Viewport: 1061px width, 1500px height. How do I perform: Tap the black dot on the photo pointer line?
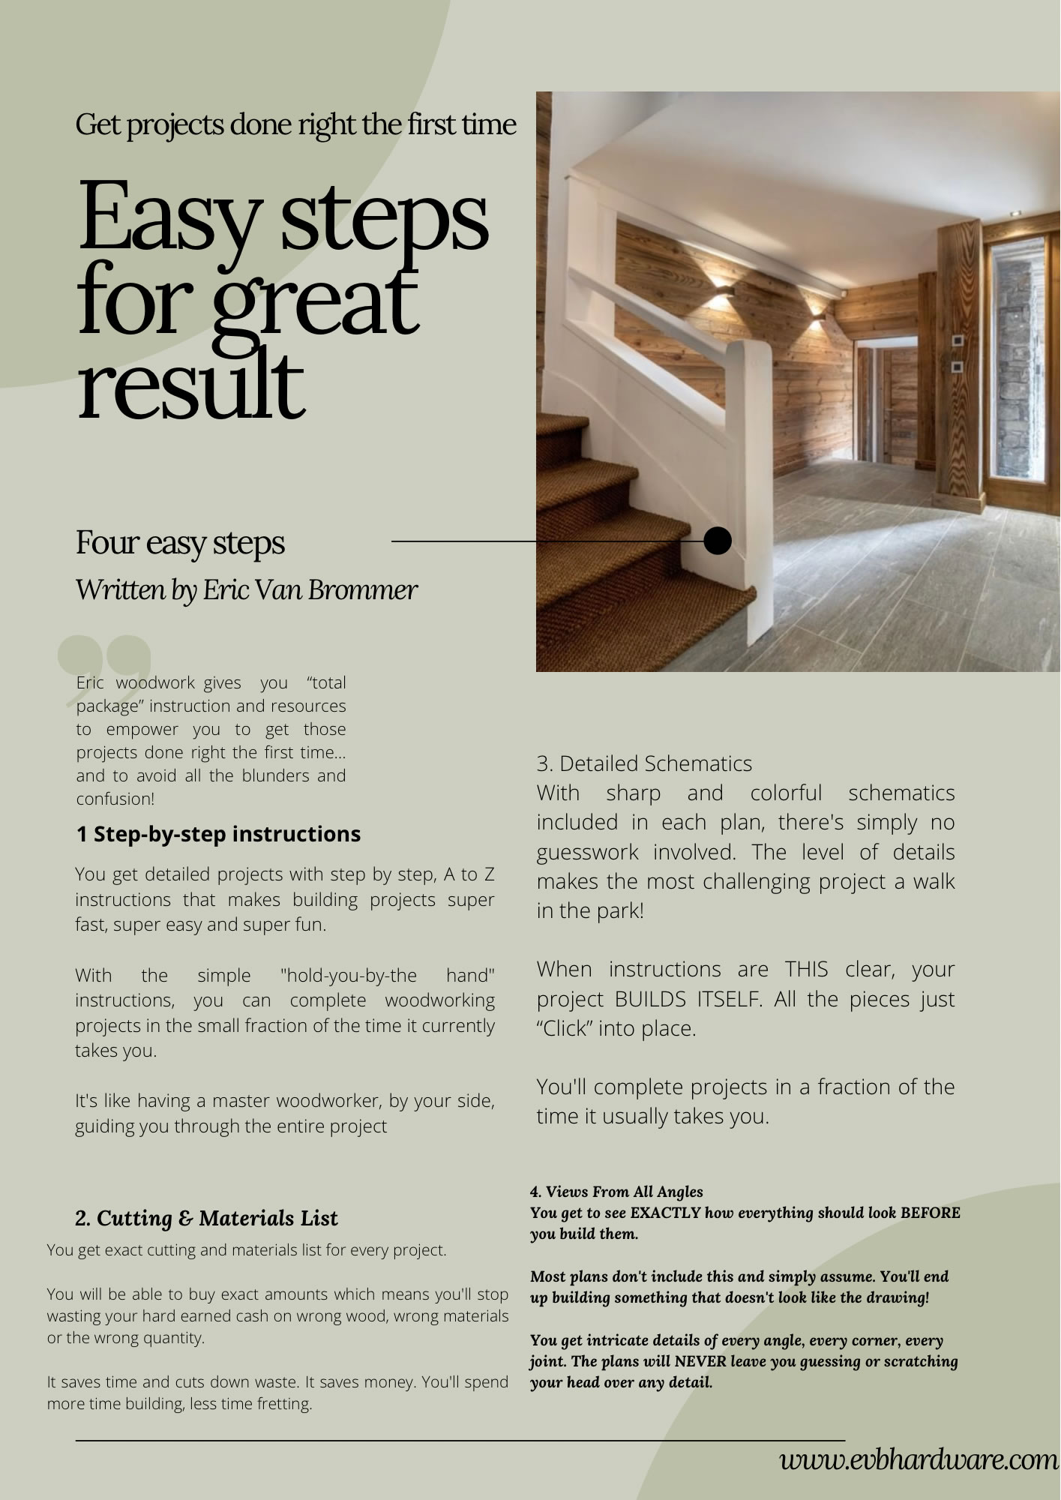[x=718, y=540]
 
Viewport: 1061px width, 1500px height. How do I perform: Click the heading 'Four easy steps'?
[x=180, y=542]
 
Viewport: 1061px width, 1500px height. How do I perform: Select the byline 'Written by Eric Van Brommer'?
[x=246, y=589]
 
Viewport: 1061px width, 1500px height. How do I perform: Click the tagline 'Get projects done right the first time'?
[x=295, y=124]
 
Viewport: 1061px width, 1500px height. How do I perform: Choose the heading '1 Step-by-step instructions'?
[x=218, y=834]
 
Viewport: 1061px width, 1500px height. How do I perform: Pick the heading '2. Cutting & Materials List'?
[x=206, y=1218]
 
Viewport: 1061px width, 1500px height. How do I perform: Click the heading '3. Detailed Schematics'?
[x=644, y=763]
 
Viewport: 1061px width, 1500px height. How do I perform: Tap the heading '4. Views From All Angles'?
[x=616, y=1191]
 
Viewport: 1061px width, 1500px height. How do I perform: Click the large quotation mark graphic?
[x=105, y=664]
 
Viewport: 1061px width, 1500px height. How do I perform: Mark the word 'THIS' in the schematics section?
[x=806, y=969]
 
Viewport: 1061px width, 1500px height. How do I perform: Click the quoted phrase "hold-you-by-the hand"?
[x=387, y=975]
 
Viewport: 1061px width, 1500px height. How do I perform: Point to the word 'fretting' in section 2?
[x=282, y=1403]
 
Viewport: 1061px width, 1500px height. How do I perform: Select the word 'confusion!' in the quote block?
[x=115, y=799]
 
